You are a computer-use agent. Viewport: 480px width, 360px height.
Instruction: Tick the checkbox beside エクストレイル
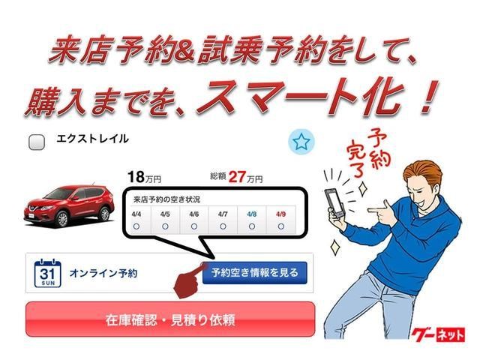[37, 142]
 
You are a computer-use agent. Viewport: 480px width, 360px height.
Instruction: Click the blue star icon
[301, 142]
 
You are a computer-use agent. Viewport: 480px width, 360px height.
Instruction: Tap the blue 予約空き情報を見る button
[254, 272]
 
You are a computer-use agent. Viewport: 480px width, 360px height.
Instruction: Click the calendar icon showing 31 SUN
[47, 273]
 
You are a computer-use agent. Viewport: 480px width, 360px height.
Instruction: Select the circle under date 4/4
[136, 226]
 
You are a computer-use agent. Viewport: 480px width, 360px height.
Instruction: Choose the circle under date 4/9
[281, 226]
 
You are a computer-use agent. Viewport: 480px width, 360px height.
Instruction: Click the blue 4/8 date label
[252, 214]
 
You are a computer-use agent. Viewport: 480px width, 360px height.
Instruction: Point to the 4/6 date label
[193, 214]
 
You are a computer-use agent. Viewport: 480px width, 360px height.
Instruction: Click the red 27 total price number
[237, 177]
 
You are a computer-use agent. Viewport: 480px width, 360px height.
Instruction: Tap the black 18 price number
[136, 177]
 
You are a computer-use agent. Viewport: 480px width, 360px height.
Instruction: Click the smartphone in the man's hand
[334, 202]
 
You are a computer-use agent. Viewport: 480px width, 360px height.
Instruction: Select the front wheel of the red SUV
[62, 219]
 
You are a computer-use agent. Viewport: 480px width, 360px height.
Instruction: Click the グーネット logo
[438, 334]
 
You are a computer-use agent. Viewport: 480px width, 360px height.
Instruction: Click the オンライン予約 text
[103, 273]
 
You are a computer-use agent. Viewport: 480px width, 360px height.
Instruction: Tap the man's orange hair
[422, 172]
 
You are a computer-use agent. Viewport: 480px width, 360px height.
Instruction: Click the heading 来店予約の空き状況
[166, 199]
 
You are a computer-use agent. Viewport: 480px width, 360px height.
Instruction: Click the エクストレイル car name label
[92, 139]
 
